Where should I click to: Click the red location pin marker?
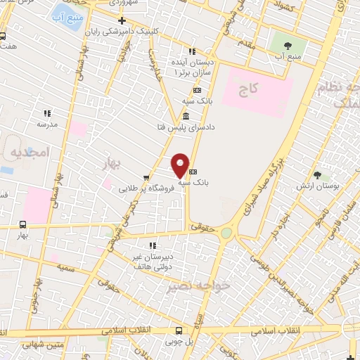pyautogui.click(x=180, y=165)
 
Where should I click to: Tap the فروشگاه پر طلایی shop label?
pyautogui.click(x=145, y=188)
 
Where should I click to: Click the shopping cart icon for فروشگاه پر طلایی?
pyautogui.click(x=145, y=178)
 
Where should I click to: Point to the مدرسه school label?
pyautogui.click(x=47, y=124)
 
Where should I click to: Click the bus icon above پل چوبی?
pyautogui.click(x=179, y=329)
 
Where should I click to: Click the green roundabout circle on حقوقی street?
pyautogui.click(x=226, y=233)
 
